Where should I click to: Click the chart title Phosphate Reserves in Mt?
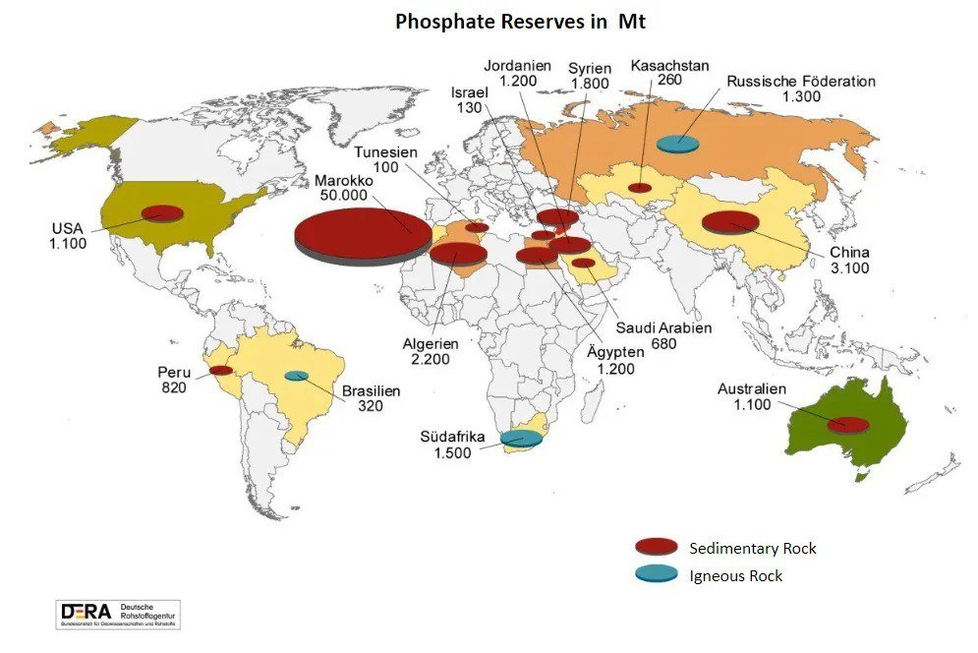coord(520,22)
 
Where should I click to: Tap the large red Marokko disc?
coord(363,234)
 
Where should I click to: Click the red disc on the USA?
coord(162,213)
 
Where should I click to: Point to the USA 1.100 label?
coord(69,236)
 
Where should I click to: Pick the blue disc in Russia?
coord(678,144)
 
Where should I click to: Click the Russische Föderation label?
coord(801,89)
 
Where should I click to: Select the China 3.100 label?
coord(848,260)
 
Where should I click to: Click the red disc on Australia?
coord(847,425)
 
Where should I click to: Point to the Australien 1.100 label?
coord(752,396)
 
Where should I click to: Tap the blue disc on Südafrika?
coord(521,439)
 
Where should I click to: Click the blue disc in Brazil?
coord(296,376)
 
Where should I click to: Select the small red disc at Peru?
coord(221,371)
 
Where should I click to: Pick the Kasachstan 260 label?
coord(669,74)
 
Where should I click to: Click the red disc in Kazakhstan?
coord(640,187)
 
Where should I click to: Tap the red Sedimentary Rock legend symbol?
coord(657,547)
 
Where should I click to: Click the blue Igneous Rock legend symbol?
coord(657,574)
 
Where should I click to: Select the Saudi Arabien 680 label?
coord(663,335)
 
